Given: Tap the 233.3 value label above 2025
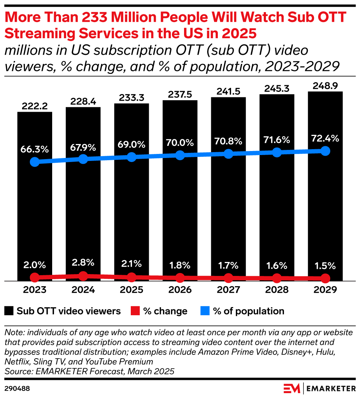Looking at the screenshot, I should click(132, 98).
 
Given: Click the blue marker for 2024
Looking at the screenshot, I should click(83, 159).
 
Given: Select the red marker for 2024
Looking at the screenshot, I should click(83, 276).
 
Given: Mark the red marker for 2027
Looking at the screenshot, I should click(228, 278).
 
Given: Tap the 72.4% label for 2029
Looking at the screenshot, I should click(325, 139).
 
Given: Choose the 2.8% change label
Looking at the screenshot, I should click(83, 263).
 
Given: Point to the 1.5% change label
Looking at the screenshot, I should click(325, 265).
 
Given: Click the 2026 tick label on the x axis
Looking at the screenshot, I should click(180, 290).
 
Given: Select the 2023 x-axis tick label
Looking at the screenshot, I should click(35, 290).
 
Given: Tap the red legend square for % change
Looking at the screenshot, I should click(135, 311).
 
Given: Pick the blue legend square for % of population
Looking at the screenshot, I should click(205, 311).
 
